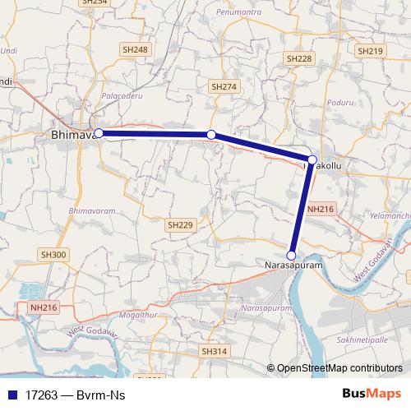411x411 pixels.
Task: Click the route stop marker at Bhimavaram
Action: (x=99, y=133)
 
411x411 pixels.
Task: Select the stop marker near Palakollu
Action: (x=312, y=159)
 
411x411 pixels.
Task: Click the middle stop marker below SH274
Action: (x=211, y=134)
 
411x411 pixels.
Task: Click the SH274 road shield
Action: (x=224, y=86)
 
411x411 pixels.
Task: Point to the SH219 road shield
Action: (x=371, y=51)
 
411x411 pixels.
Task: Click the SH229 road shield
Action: (x=180, y=224)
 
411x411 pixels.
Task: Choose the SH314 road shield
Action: (x=213, y=351)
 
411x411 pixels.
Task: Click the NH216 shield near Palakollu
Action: (x=320, y=210)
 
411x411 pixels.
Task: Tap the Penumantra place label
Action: (x=238, y=13)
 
